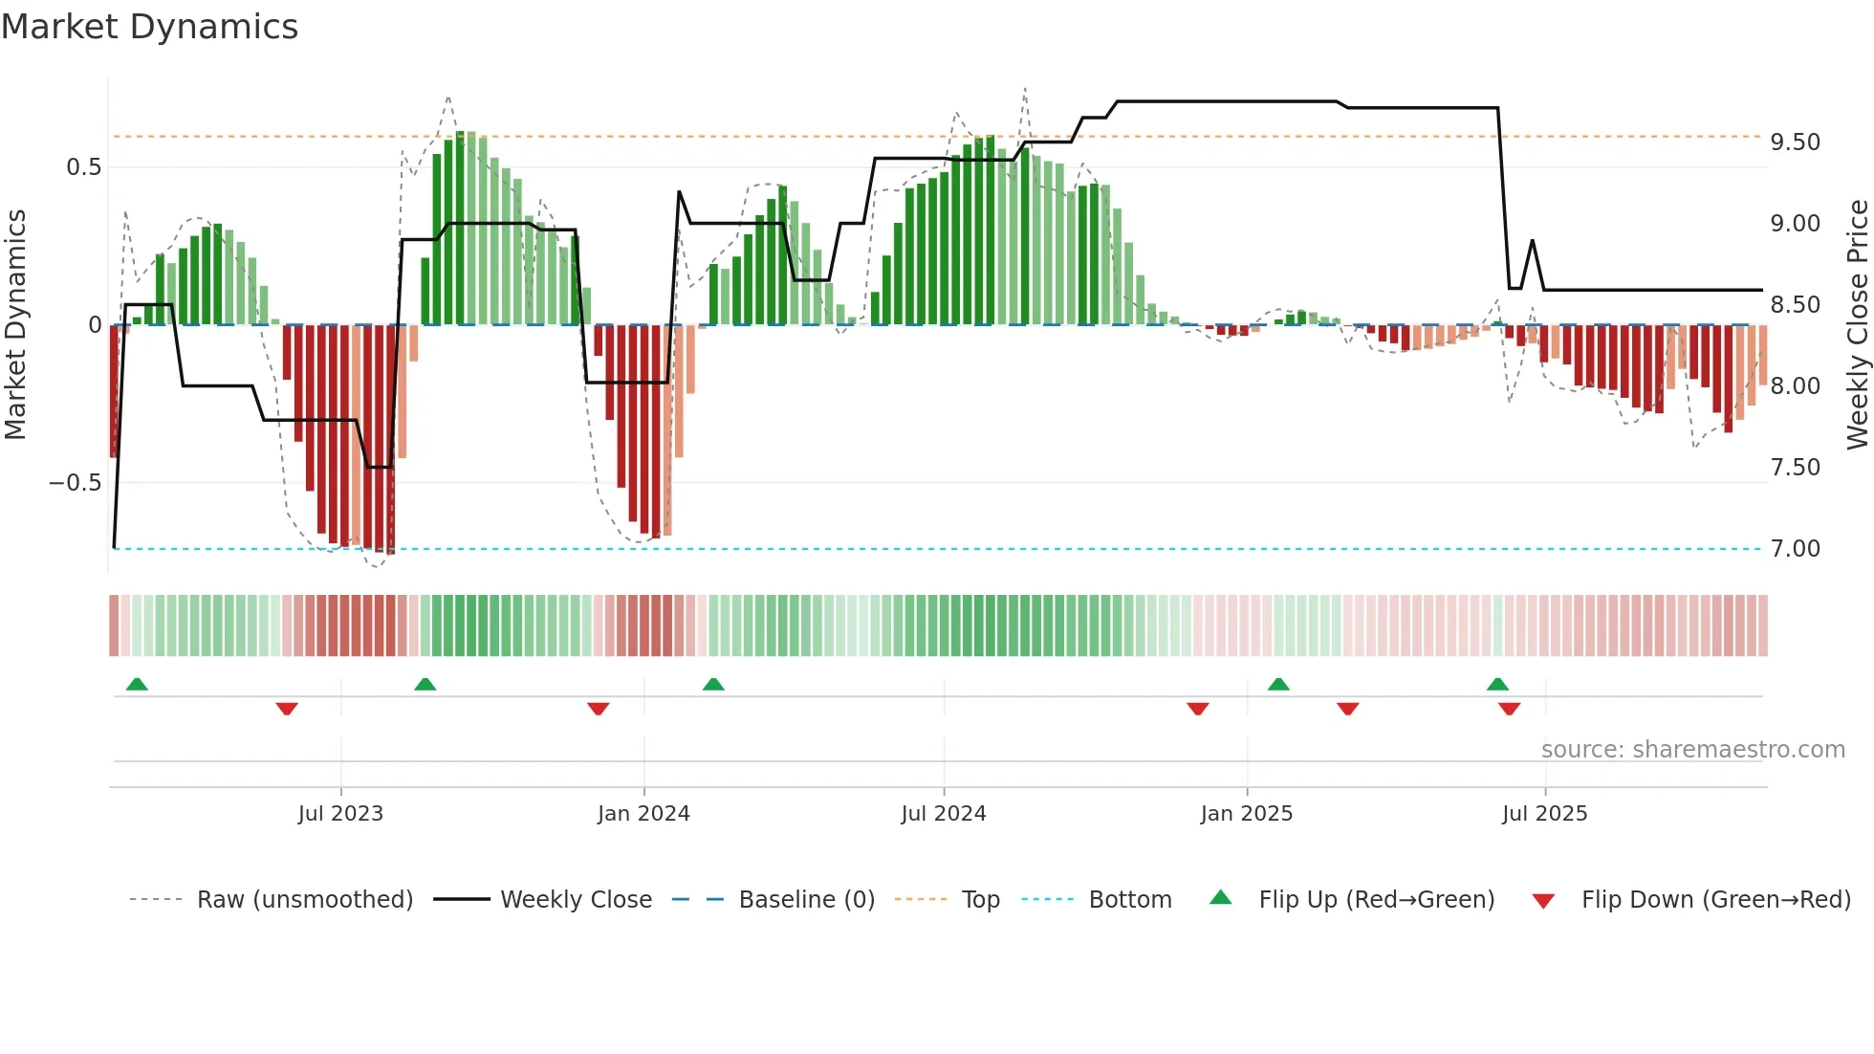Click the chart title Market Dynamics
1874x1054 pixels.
pos(149,27)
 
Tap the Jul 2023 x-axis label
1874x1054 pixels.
pos(340,813)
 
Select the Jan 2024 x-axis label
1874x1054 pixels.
pos(643,813)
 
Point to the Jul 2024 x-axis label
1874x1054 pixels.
pos(943,813)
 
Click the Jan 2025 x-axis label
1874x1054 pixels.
pos(1246,813)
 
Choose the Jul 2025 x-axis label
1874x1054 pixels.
pos(1544,813)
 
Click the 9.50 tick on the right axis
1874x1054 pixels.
pos(1795,143)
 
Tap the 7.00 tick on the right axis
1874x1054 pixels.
pos(1795,549)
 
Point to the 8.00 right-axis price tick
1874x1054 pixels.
pos(1795,386)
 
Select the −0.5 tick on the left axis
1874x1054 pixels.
pos(76,483)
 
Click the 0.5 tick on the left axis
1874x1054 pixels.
pos(83,167)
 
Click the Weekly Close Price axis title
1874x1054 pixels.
pos(1857,324)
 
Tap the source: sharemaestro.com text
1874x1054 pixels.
pos(1692,750)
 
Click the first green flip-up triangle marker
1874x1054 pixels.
pos(137,684)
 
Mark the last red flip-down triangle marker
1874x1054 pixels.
pos(1509,709)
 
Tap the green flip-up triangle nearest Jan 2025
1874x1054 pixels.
pos(1278,684)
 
